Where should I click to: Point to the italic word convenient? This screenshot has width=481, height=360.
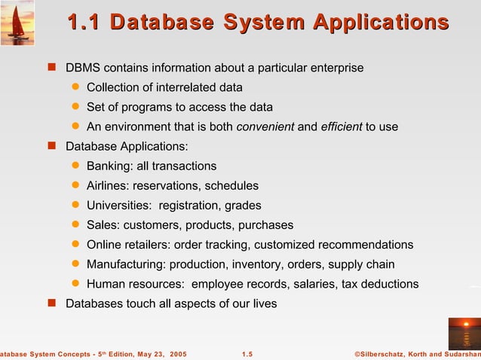265,127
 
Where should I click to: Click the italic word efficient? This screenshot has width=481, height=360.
342,127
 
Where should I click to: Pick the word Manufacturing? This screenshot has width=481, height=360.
126,264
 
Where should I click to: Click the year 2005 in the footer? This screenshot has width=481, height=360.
179,353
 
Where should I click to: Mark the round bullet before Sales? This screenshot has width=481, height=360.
75,225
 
